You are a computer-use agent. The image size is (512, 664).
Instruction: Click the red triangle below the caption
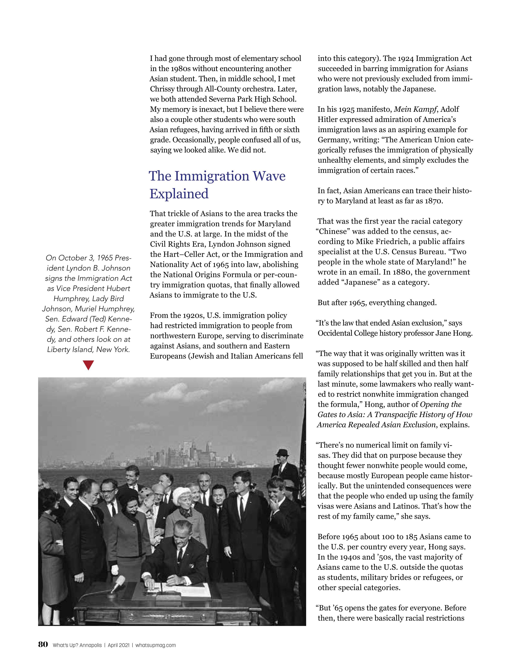(x=88, y=365)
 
